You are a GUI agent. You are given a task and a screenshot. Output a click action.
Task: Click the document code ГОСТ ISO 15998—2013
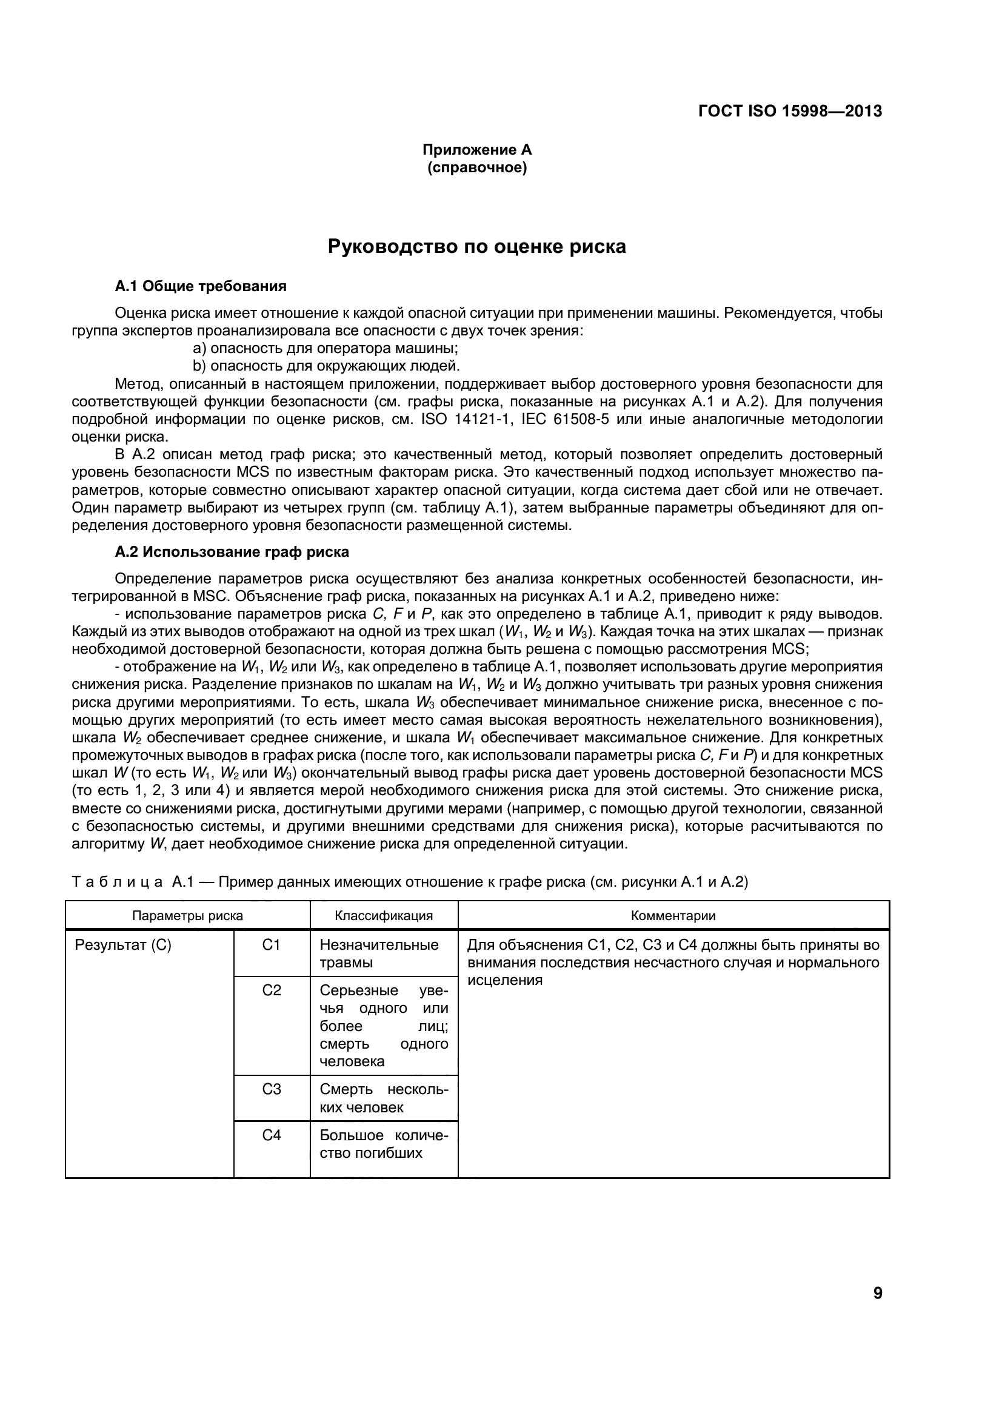pyautogui.click(x=790, y=111)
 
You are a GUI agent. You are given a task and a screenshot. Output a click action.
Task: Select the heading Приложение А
pyautogui.click(x=476, y=149)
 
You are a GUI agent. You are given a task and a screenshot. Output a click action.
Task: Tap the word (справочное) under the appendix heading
pyautogui.click(x=476, y=167)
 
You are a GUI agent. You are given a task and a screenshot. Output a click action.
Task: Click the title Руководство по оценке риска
pyautogui.click(x=476, y=246)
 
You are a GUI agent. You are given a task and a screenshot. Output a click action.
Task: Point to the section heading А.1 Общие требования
pyautogui.click(x=201, y=286)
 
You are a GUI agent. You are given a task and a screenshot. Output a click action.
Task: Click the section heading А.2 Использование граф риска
pyautogui.click(x=232, y=551)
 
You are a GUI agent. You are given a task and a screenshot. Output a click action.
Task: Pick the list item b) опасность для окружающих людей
pyautogui.click(x=327, y=366)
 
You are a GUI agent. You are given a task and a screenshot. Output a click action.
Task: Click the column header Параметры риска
pyautogui.click(x=187, y=915)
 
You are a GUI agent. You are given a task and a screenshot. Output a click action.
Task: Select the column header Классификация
pyautogui.click(x=383, y=915)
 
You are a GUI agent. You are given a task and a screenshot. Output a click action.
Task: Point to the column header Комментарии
pyautogui.click(x=673, y=915)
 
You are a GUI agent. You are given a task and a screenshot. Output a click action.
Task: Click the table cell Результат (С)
pyautogui.click(x=123, y=945)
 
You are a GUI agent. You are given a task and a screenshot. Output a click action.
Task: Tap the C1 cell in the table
pyautogui.click(x=271, y=945)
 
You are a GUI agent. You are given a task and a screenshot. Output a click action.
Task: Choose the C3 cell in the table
pyautogui.click(x=271, y=1089)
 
